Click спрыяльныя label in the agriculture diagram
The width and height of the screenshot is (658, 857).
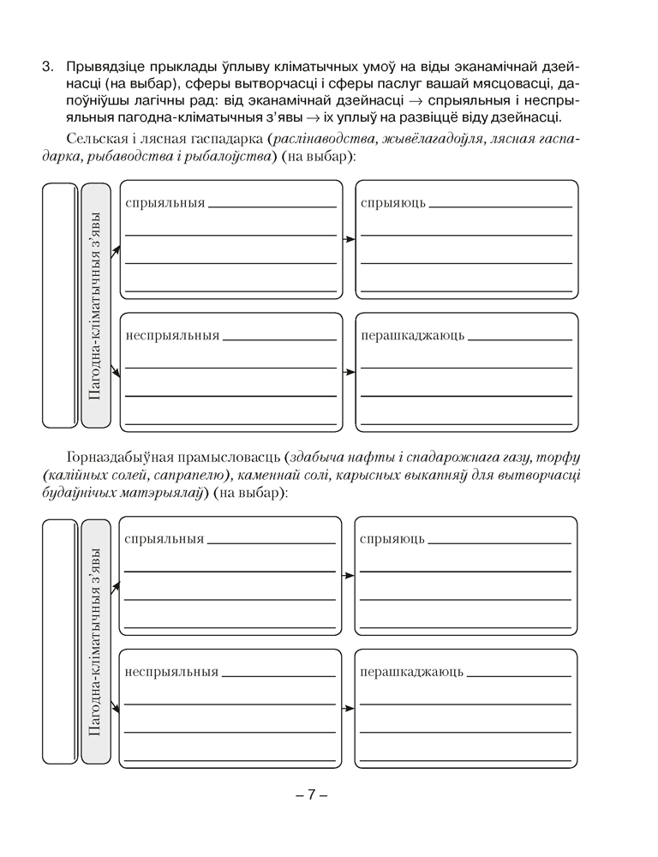(164, 203)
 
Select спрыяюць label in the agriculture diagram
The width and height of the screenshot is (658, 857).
(392, 203)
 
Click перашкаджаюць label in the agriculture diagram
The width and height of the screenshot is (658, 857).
(412, 335)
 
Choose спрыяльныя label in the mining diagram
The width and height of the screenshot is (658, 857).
(164, 540)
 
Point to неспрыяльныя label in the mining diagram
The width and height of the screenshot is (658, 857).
(170, 672)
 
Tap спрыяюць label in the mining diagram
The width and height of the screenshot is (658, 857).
(392, 540)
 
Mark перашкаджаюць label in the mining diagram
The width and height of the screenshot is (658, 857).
(411, 672)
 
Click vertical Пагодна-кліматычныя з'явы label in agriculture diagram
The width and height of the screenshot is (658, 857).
(96, 305)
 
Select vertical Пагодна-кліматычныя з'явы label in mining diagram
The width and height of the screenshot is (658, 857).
(95, 642)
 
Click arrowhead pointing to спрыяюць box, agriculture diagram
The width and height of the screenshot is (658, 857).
(350, 239)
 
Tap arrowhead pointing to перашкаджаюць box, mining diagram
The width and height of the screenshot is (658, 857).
(350, 709)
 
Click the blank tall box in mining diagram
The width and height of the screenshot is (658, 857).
(59, 641)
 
